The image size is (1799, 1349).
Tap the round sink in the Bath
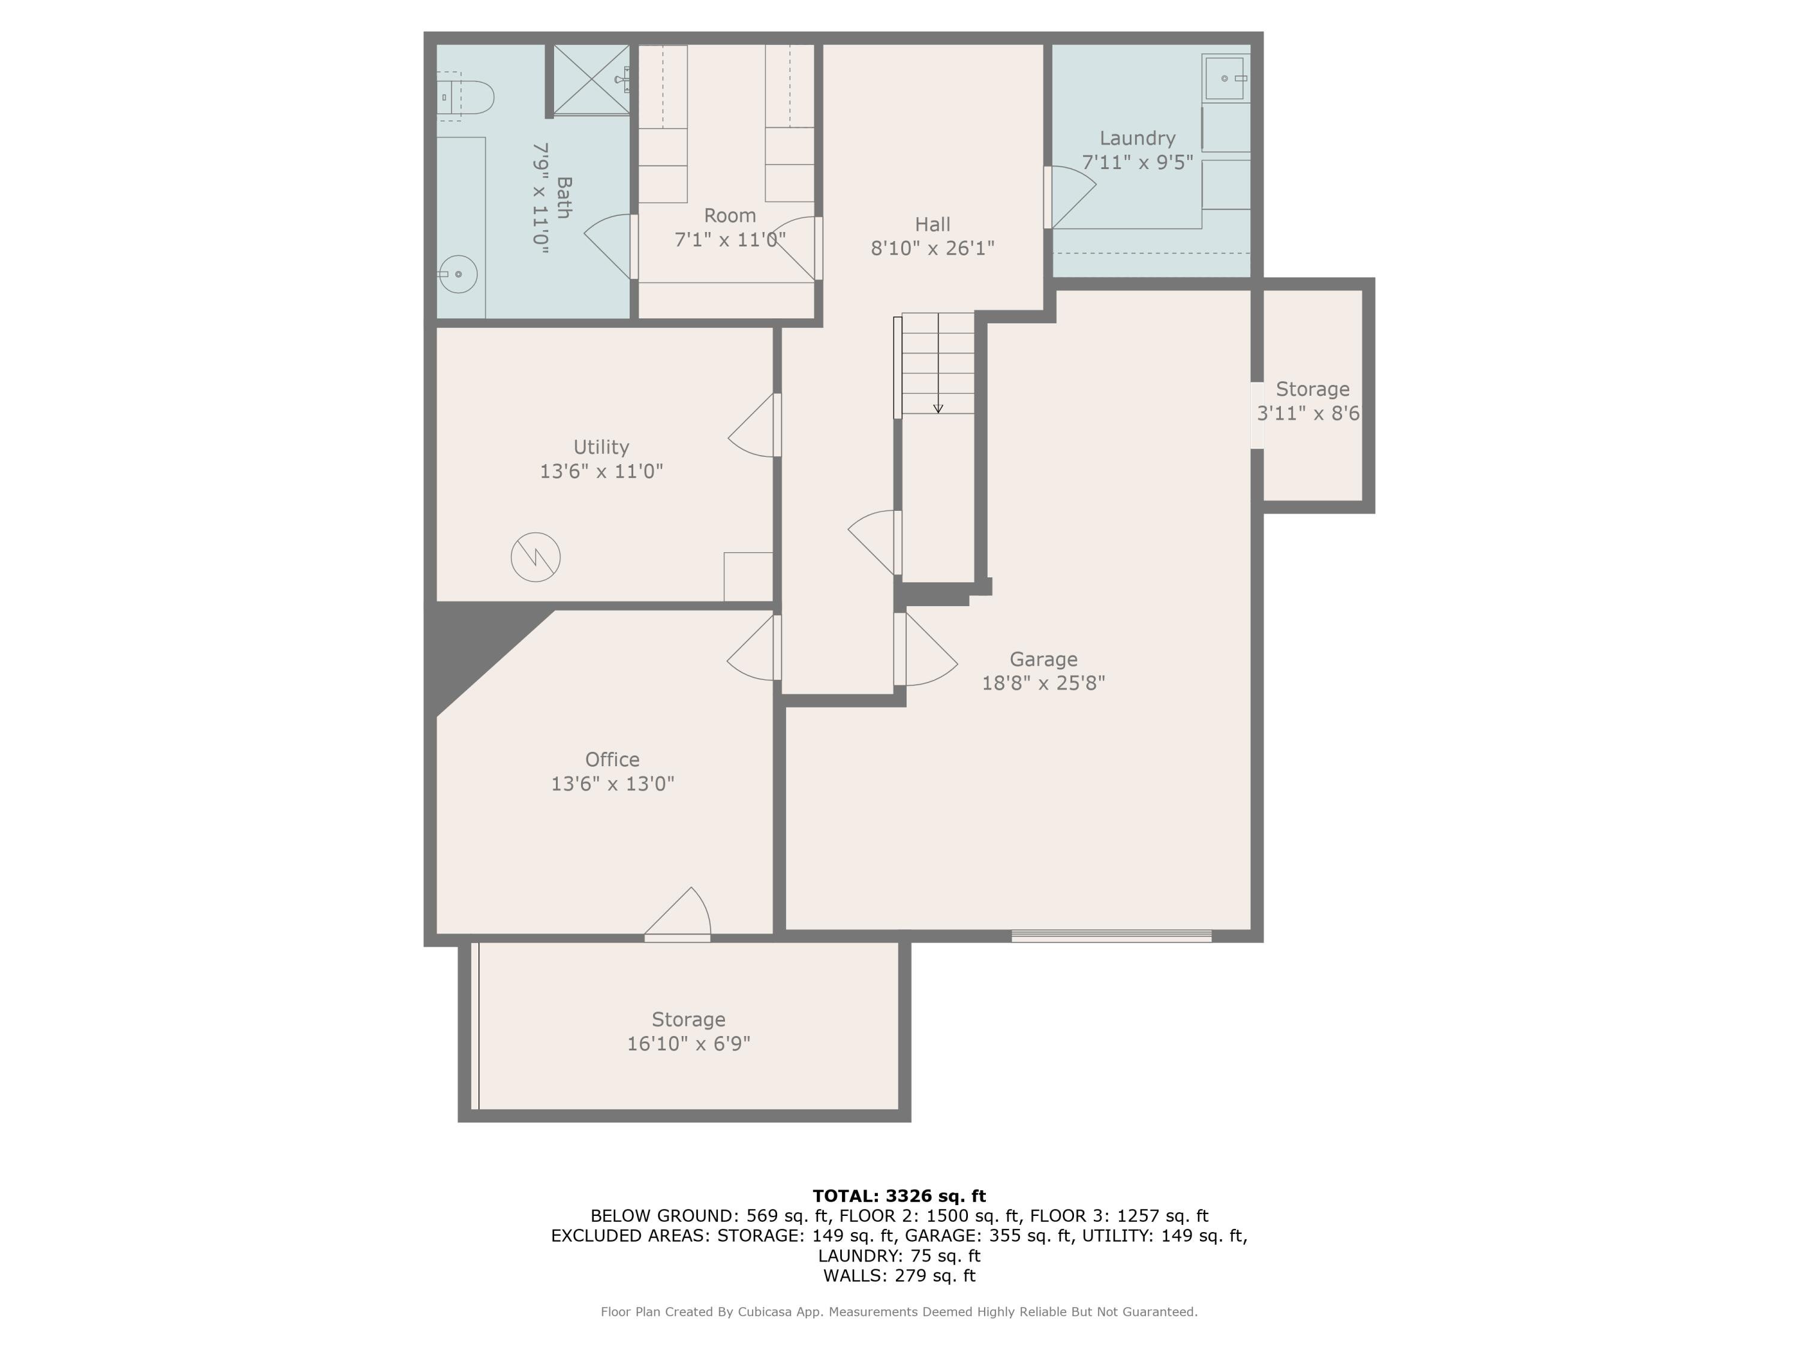pyautogui.click(x=458, y=274)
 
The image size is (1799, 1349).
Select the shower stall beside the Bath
pyautogui.click(x=591, y=79)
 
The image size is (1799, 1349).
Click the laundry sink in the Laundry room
pyautogui.click(x=1224, y=78)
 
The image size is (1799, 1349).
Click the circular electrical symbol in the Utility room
pyautogui.click(x=535, y=557)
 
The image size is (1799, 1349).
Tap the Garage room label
pyautogui.click(x=1043, y=659)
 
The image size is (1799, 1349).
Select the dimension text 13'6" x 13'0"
pyautogui.click(x=612, y=783)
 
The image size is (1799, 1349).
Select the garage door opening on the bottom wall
pyautogui.click(x=1111, y=936)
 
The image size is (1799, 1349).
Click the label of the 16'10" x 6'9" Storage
pyautogui.click(x=688, y=1019)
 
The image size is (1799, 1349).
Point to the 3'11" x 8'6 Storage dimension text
pyautogui.click(x=1308, y=413)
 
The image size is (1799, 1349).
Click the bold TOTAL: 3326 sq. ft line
pyautogui.click(x=899, y=1196)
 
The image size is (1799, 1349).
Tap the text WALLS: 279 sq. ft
pyautogui.click(x=899, y=1275)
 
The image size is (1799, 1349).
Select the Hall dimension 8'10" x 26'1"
pyautogui.click(x=932, y=248)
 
